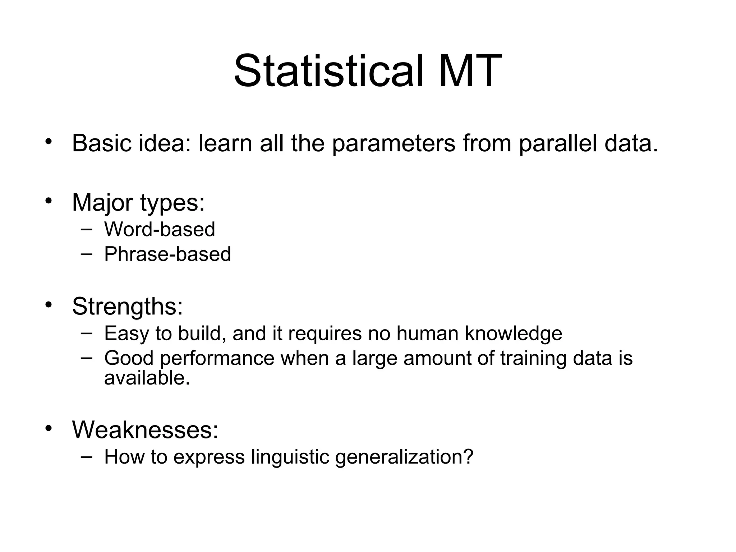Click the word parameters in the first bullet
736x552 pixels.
[x=394, y=143]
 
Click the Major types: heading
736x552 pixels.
[x=138, y=203]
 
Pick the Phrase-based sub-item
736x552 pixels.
[x=167, y=254]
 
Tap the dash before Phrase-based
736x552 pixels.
[x=86, y=253]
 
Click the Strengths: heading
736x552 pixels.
[x=128, y=307]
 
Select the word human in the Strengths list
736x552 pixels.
[x=427, y=333]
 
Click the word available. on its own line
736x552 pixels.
[x=147, y=378]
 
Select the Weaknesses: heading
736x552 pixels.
[x=145, y=429]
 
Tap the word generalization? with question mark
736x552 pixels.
[x=404, y=457]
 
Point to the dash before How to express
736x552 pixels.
[x=86, y=456]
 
